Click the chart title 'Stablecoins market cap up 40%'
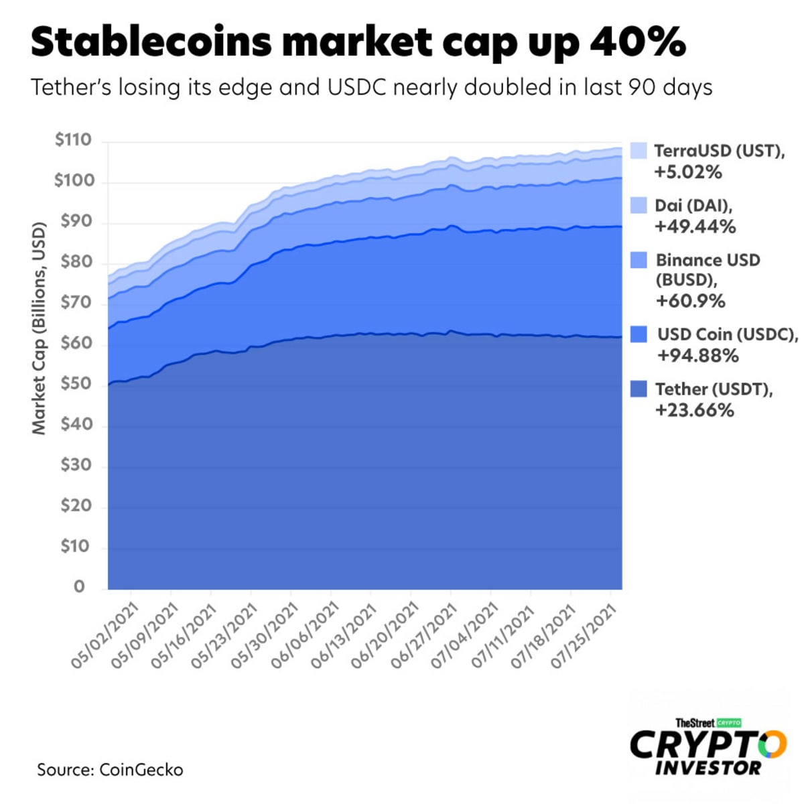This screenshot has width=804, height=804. [358, 42]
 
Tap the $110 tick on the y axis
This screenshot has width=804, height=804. [73, 140]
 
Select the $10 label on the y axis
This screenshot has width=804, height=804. [74, 546]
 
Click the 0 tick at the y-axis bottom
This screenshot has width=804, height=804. [80, 587]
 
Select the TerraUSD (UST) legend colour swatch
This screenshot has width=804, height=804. [639, 151]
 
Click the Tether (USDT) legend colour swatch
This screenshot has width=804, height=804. [639, 389]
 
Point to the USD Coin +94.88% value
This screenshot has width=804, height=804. [697, 356]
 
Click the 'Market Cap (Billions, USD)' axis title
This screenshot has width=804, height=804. [39, 328]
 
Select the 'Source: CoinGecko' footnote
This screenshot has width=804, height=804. [110, 770]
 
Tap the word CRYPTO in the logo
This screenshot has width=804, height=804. [708, 744]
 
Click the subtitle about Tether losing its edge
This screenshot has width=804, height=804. [372, 87]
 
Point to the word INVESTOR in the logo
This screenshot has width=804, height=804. [708, 768]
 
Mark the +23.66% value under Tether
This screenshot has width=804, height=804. [694, 410]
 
